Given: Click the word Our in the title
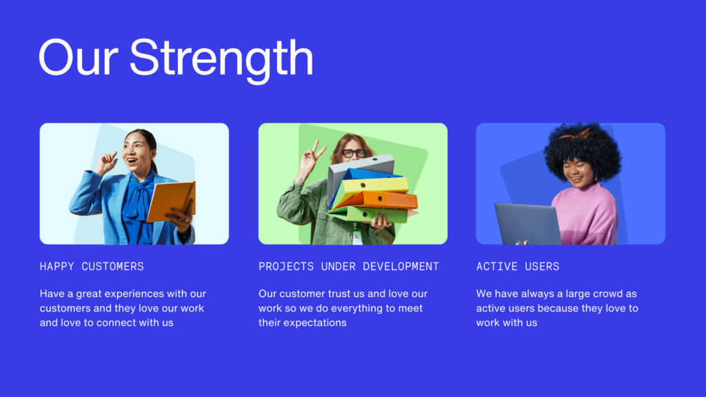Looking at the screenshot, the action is click(79, 57).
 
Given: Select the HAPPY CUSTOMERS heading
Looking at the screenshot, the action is click(92, 267).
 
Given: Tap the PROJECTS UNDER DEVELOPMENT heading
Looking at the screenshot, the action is click(348, 267).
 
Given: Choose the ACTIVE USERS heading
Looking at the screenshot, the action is click(518, 267).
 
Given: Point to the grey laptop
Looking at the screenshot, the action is click(527, 224).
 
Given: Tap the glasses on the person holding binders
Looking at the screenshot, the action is click(354, 153).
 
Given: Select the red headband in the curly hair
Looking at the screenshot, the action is click(574, 134).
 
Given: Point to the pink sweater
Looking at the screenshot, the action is click(586, 214).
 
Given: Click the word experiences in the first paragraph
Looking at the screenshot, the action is click(134, 294).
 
